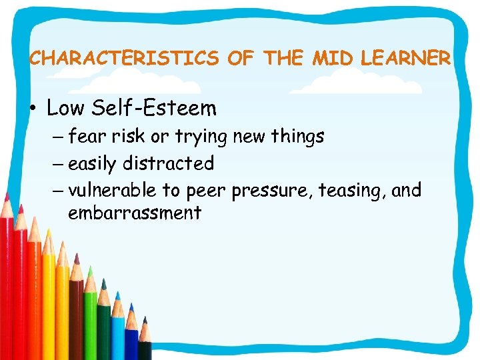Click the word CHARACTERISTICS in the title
[x=124, y=59]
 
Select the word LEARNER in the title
[x=405, y=59]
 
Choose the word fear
[x=87, y=137]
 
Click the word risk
[x=129, y=137]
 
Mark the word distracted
[x=172, y=163]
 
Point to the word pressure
[x=271, y=192]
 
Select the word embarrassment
[x=134, y=213]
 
